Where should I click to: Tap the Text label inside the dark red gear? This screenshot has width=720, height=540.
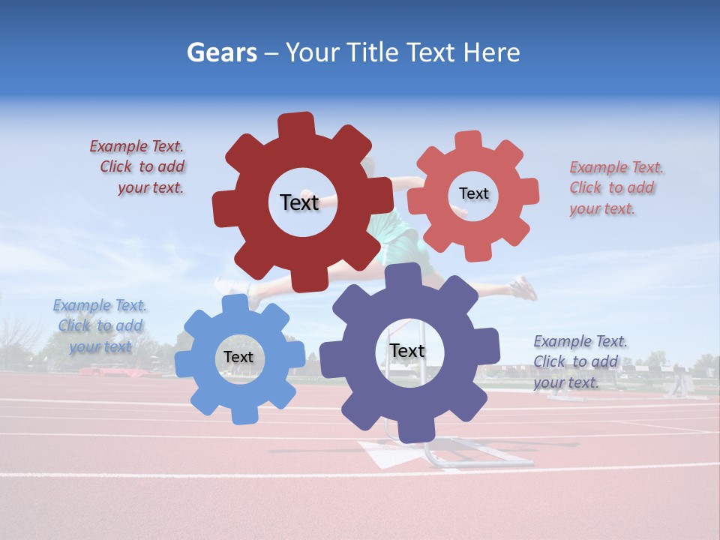tap(299, 202)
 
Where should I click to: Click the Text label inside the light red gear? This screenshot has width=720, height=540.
tap(473, 193)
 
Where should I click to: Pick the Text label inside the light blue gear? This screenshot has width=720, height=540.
tap(238, 357)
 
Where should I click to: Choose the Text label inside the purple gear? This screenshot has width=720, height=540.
tap(407, 351)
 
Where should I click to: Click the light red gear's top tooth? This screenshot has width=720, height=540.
tap(468, 140)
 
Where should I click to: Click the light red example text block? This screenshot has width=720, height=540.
tap(615, 187)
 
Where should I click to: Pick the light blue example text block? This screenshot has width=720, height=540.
tap(100, 325)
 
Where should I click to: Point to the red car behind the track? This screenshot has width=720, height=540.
tap(101, 370)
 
